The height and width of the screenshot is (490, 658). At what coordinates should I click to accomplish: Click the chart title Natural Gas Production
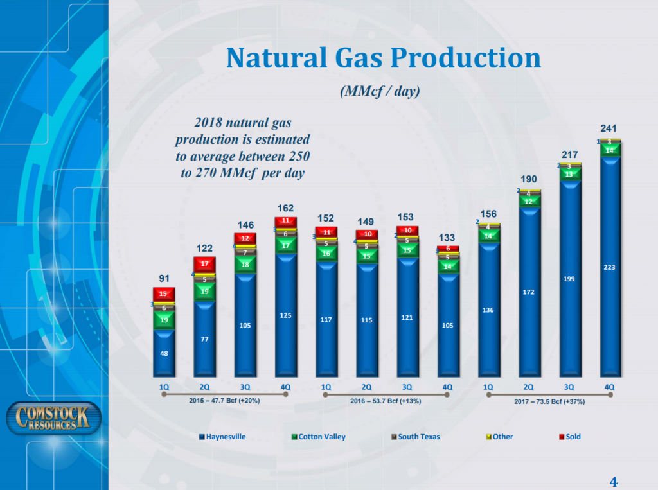(383, 58)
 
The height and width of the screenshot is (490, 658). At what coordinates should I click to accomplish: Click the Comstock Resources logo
(53, 419)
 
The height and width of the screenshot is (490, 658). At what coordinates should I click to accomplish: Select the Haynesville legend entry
(222, 437)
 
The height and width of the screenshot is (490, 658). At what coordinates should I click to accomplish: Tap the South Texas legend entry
(415, 437)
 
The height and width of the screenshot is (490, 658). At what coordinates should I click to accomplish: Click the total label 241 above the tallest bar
(609, 128)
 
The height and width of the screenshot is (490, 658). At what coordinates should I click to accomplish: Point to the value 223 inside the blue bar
(609, 268)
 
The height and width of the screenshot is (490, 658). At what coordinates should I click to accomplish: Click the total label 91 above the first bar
(164, 278)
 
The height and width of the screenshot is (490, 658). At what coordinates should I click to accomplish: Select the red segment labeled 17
(204, 264)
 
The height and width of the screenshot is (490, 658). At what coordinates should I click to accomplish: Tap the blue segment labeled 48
(164, 353)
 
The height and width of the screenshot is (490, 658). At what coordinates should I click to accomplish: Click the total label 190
(528, 178)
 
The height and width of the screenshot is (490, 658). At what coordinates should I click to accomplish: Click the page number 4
(613, 482)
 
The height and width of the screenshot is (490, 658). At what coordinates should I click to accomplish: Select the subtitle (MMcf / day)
(379, 92)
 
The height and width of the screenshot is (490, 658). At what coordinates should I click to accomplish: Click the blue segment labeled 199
(568, 279)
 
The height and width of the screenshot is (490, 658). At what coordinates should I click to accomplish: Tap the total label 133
(447, 238)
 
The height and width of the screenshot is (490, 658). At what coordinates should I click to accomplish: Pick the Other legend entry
(502, 437)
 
